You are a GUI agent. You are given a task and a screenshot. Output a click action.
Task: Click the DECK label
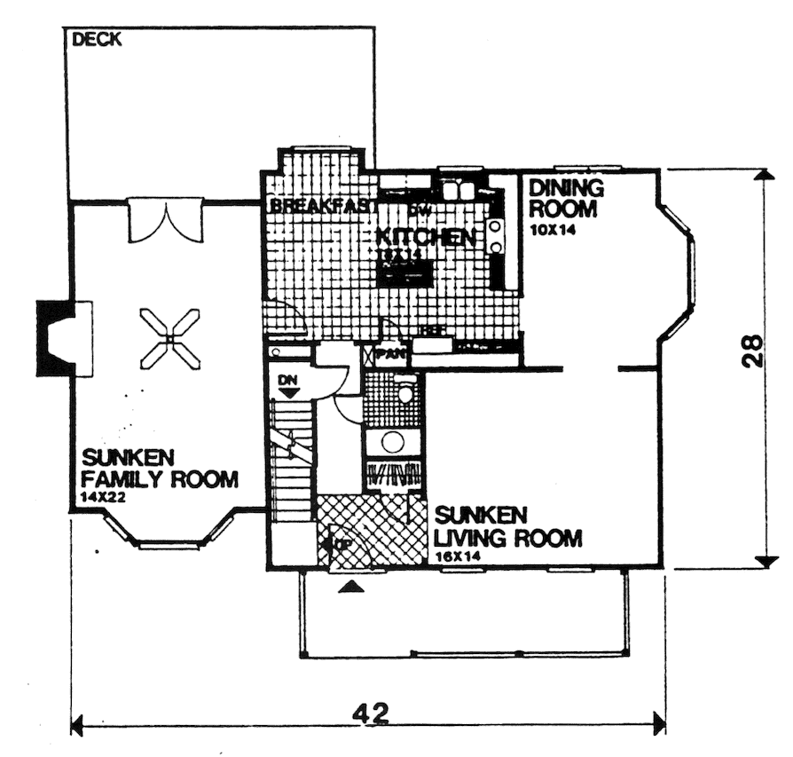pos(97,39)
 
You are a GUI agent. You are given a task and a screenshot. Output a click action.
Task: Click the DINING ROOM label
pos(565,198)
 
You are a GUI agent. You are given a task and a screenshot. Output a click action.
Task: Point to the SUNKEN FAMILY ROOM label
pos(160,469)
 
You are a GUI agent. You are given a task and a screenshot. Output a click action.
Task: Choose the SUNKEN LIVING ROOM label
pos(507,527)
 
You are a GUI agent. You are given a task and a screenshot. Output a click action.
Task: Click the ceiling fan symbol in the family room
pos(169,338)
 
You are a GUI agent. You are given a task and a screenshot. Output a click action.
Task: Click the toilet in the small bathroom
pos(405,391)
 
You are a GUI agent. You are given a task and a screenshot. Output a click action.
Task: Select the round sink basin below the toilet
pos(393,442)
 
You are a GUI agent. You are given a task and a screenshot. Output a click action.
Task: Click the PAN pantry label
pos(391,354)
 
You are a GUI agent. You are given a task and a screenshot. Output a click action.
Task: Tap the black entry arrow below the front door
pos(352,587)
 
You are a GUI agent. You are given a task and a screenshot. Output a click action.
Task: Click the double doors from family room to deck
pos(166,220)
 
